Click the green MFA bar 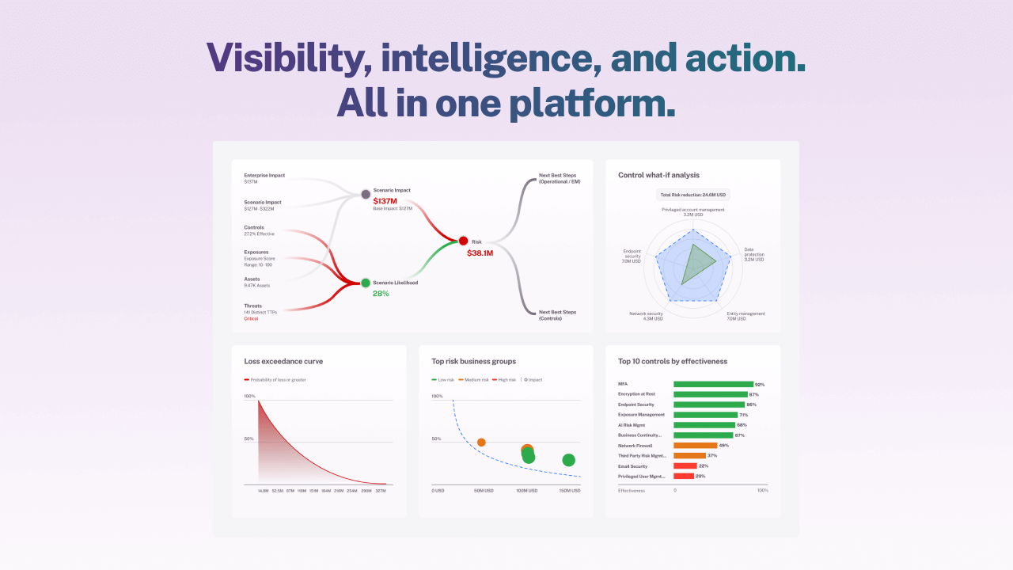tap(712, 384)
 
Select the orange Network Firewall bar tap(695, 446)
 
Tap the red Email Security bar tap(685, 466)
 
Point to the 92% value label tap(760, 384)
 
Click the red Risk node tap(463, 241)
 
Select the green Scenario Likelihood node tap(366, 283)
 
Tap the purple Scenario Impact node tap(366, 194)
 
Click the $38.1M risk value tap(480, 253)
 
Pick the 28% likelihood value tap(381, 294)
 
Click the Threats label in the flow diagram tap(252, 306)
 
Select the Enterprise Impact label tap(264, 175)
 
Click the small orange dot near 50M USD tap(481, 442)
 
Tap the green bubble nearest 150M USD tap(568, 460)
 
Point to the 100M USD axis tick tap(527, 491)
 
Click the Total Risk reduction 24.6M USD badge tap(693, 194)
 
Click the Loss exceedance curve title tap(283, 361)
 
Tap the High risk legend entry tap(505, 380)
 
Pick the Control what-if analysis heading tap(658, 175)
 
